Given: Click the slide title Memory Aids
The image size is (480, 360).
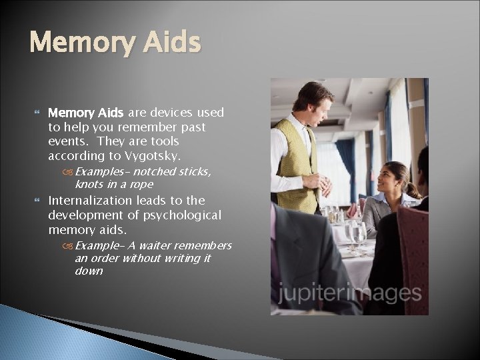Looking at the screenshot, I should point(115,43).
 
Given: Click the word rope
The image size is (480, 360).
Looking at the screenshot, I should point(142,184).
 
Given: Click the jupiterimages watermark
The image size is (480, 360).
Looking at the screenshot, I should point(349,293).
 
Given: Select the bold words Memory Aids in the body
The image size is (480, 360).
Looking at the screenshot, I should point(87,112).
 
